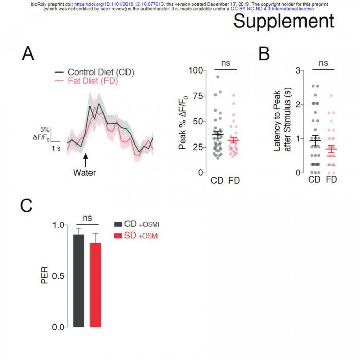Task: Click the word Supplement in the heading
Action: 284,22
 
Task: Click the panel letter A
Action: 29,53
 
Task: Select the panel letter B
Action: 264,53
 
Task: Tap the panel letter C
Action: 27,205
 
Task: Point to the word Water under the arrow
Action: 84,172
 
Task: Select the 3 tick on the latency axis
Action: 298,70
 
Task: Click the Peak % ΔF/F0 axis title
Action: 182,121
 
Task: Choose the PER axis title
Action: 45,276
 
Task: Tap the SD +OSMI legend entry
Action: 137,236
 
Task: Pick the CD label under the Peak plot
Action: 217,181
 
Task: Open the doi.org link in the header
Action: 119,3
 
